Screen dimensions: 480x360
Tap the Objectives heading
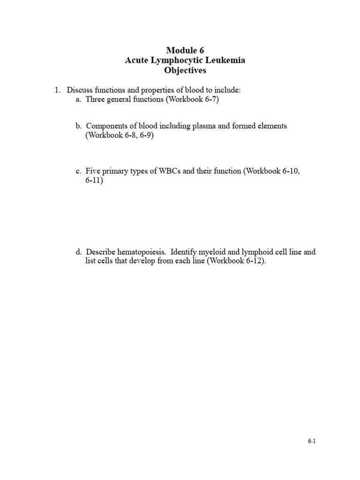click(x=185, y=71)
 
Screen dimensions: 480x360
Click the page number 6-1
click(x=312, y=441)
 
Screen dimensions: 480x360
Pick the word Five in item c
click(x=93, y=171)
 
